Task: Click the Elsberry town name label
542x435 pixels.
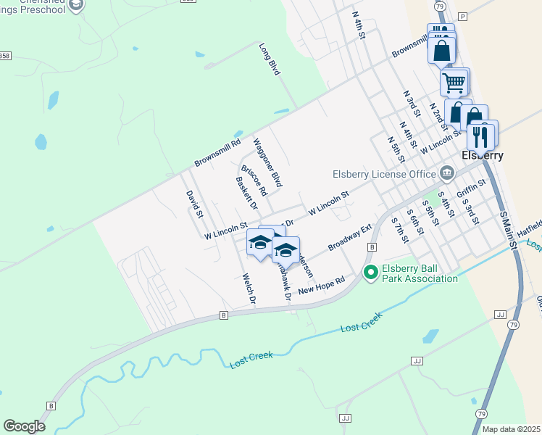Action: (483, 155)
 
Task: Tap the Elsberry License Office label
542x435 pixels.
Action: (383, 173)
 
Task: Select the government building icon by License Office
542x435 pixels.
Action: (447, 173)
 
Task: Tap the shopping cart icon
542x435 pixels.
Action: (454, 83)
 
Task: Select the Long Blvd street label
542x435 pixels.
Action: (270, 59)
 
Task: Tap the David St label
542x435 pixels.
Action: (193, 204)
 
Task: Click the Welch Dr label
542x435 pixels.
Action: (248, 289)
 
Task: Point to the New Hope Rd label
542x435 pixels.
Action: (340, 282)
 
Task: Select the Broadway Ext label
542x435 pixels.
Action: (349, 237)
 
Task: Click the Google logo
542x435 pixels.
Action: (25, 426)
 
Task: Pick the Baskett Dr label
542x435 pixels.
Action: (247, 193)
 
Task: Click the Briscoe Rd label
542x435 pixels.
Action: (254, 181)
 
